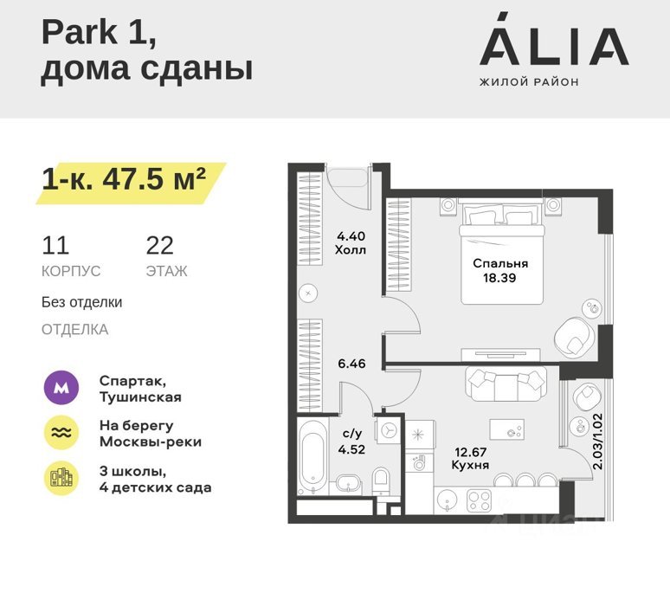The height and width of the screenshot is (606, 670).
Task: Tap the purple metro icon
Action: tap(61, 388)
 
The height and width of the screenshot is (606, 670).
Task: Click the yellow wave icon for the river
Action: tap(61, 433)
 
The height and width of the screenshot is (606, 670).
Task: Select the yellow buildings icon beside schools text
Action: tap(61, 478)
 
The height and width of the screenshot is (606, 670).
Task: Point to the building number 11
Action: tap(55, 245)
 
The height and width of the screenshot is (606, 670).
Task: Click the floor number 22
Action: tap(160, 245)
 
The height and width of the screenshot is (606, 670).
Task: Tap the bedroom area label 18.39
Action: tap(499, 278)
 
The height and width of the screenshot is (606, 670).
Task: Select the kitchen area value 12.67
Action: tap(470, 452)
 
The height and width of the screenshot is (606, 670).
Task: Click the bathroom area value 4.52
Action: tap(351, 449)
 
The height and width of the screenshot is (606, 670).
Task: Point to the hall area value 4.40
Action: tap(351, 235)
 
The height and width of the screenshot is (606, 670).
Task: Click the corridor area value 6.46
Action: tap(351, 364)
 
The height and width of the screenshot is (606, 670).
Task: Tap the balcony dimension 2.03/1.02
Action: tap(598, 441)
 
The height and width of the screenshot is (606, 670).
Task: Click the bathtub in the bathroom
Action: tap(312, 457)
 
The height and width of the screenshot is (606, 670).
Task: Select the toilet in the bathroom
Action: tap(381, 480)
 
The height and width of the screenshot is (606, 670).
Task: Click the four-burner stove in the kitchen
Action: tap(479, 500)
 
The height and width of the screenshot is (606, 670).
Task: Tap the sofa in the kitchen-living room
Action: tap(506, 384)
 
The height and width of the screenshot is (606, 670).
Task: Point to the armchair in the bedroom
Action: tap(573, 337)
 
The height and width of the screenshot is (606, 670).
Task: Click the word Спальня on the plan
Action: tap(500, 263)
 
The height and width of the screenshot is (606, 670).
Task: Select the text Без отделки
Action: tap(81, 302)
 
